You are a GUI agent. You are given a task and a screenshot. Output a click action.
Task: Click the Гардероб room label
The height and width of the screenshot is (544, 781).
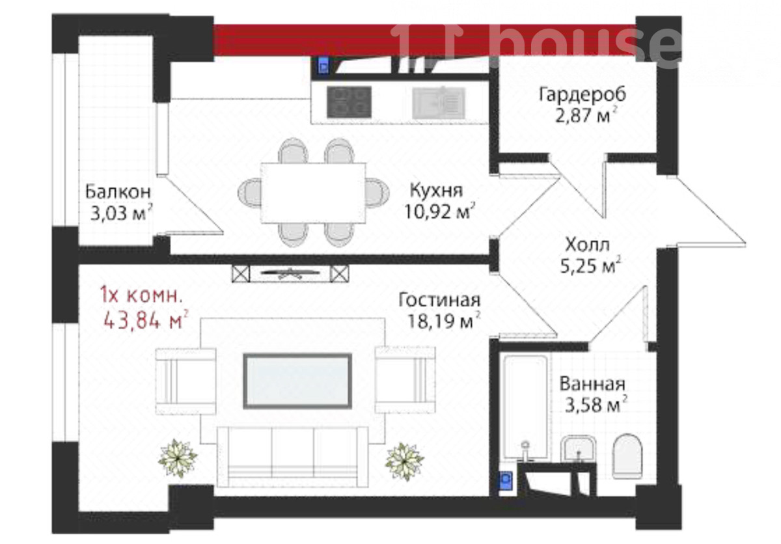click(582, 94)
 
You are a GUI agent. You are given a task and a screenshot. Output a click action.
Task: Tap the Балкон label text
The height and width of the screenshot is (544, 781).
click(118, 192)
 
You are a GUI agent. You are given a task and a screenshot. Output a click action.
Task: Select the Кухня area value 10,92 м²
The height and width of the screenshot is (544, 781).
click(439, 211)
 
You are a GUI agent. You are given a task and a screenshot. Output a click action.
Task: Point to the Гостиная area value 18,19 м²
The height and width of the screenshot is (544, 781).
click(444, 321)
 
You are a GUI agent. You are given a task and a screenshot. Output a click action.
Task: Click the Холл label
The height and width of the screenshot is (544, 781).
click(587, 245)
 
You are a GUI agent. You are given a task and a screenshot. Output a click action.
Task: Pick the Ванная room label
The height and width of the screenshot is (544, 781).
click(592, 384)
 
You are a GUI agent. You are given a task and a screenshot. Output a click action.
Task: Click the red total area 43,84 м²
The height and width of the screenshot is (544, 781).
click(146, 320)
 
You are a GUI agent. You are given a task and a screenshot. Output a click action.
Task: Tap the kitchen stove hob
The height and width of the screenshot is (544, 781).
click(349, 102)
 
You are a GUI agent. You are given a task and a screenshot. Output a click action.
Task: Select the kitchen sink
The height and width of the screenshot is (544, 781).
click(439, 103)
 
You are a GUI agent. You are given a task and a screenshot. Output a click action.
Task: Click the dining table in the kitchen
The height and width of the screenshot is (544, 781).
click(313, 193)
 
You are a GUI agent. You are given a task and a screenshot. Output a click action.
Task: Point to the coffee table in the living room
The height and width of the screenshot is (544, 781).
click(297, 381)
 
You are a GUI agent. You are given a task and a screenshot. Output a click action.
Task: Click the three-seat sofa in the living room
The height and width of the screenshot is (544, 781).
click(292, 457)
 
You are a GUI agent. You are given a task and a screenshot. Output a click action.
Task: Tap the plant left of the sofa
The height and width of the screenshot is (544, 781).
click(178, 458)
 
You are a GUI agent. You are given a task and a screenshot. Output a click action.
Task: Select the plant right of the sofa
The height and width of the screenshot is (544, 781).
click(404, 461)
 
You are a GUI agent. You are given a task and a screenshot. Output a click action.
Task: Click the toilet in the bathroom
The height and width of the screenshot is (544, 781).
click(627, 456)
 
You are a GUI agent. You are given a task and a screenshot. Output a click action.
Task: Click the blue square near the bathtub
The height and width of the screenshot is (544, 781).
click(505, 481)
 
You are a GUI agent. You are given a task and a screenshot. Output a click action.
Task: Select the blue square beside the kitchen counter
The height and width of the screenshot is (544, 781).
click(323, 65)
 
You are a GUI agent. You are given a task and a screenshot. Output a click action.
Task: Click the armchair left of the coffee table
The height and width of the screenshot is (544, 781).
click(185, 381)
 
